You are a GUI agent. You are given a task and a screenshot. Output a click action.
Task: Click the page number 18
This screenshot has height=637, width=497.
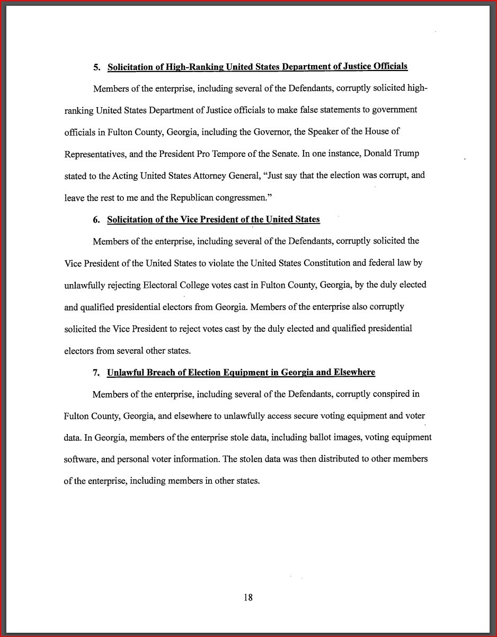pyautogui.click(x=248, y=597)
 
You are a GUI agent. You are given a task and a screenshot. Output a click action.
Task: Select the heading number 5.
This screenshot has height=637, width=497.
pyautogui.click(x=96, y=67)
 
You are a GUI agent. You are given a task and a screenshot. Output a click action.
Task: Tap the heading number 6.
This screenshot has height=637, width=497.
pyautogui.click(x=96, y=220)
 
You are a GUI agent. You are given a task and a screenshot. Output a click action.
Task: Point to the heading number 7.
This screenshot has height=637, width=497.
pyautogui.click(x=96, y=373)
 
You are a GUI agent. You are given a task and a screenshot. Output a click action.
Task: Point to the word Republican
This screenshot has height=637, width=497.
pyautogui.click(x=193, y=197)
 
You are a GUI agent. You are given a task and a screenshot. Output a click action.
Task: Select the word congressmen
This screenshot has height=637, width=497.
pyautogui.click(x=248, y=198)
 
